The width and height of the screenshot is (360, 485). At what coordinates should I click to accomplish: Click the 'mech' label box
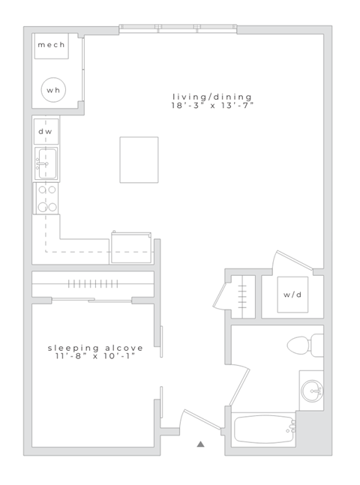pos(51,45)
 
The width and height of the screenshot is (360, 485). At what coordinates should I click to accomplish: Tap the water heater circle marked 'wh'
pos(52,90)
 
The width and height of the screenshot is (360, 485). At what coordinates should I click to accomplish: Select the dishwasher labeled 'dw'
pos(45,132)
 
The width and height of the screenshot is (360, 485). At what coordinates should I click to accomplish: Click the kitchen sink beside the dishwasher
pos(45,163)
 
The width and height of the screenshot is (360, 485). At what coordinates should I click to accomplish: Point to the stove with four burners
pos(46,198)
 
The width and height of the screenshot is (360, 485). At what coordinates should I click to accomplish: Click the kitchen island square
pos(139,159)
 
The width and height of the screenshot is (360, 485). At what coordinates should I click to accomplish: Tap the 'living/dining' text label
pos(211,96)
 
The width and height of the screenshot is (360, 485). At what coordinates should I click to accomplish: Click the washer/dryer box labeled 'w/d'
pos(292,295)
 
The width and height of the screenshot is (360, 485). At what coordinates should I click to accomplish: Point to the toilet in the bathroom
pos(304,346)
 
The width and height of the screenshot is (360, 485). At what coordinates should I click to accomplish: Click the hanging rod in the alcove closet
pos(92,284)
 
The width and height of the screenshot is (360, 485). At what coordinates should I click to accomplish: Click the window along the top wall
pos(178,29)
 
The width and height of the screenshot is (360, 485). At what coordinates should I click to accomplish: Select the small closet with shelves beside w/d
pos(242,296)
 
